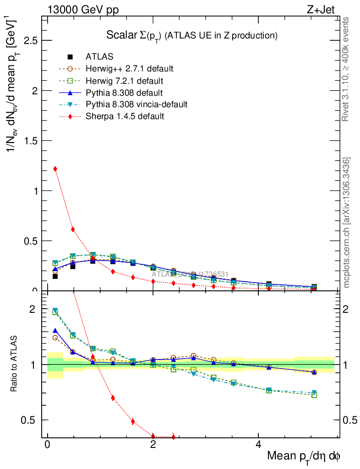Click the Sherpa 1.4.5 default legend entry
point(125,116)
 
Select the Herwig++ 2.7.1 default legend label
point(129,69)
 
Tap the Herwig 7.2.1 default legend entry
point(125,81)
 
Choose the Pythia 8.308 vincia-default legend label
point(136,104)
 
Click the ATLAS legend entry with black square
point(99,57)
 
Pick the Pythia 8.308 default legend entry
point(125,93)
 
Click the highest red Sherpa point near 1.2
point(55,169)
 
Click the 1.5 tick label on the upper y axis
point(31,141)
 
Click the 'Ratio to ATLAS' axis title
point(15,365)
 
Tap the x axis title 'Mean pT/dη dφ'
point(304,457)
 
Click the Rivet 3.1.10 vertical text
point(346,69)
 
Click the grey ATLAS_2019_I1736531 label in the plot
point(191,274)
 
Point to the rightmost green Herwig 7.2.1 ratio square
point(314,394)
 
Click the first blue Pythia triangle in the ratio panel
point(55,330)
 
